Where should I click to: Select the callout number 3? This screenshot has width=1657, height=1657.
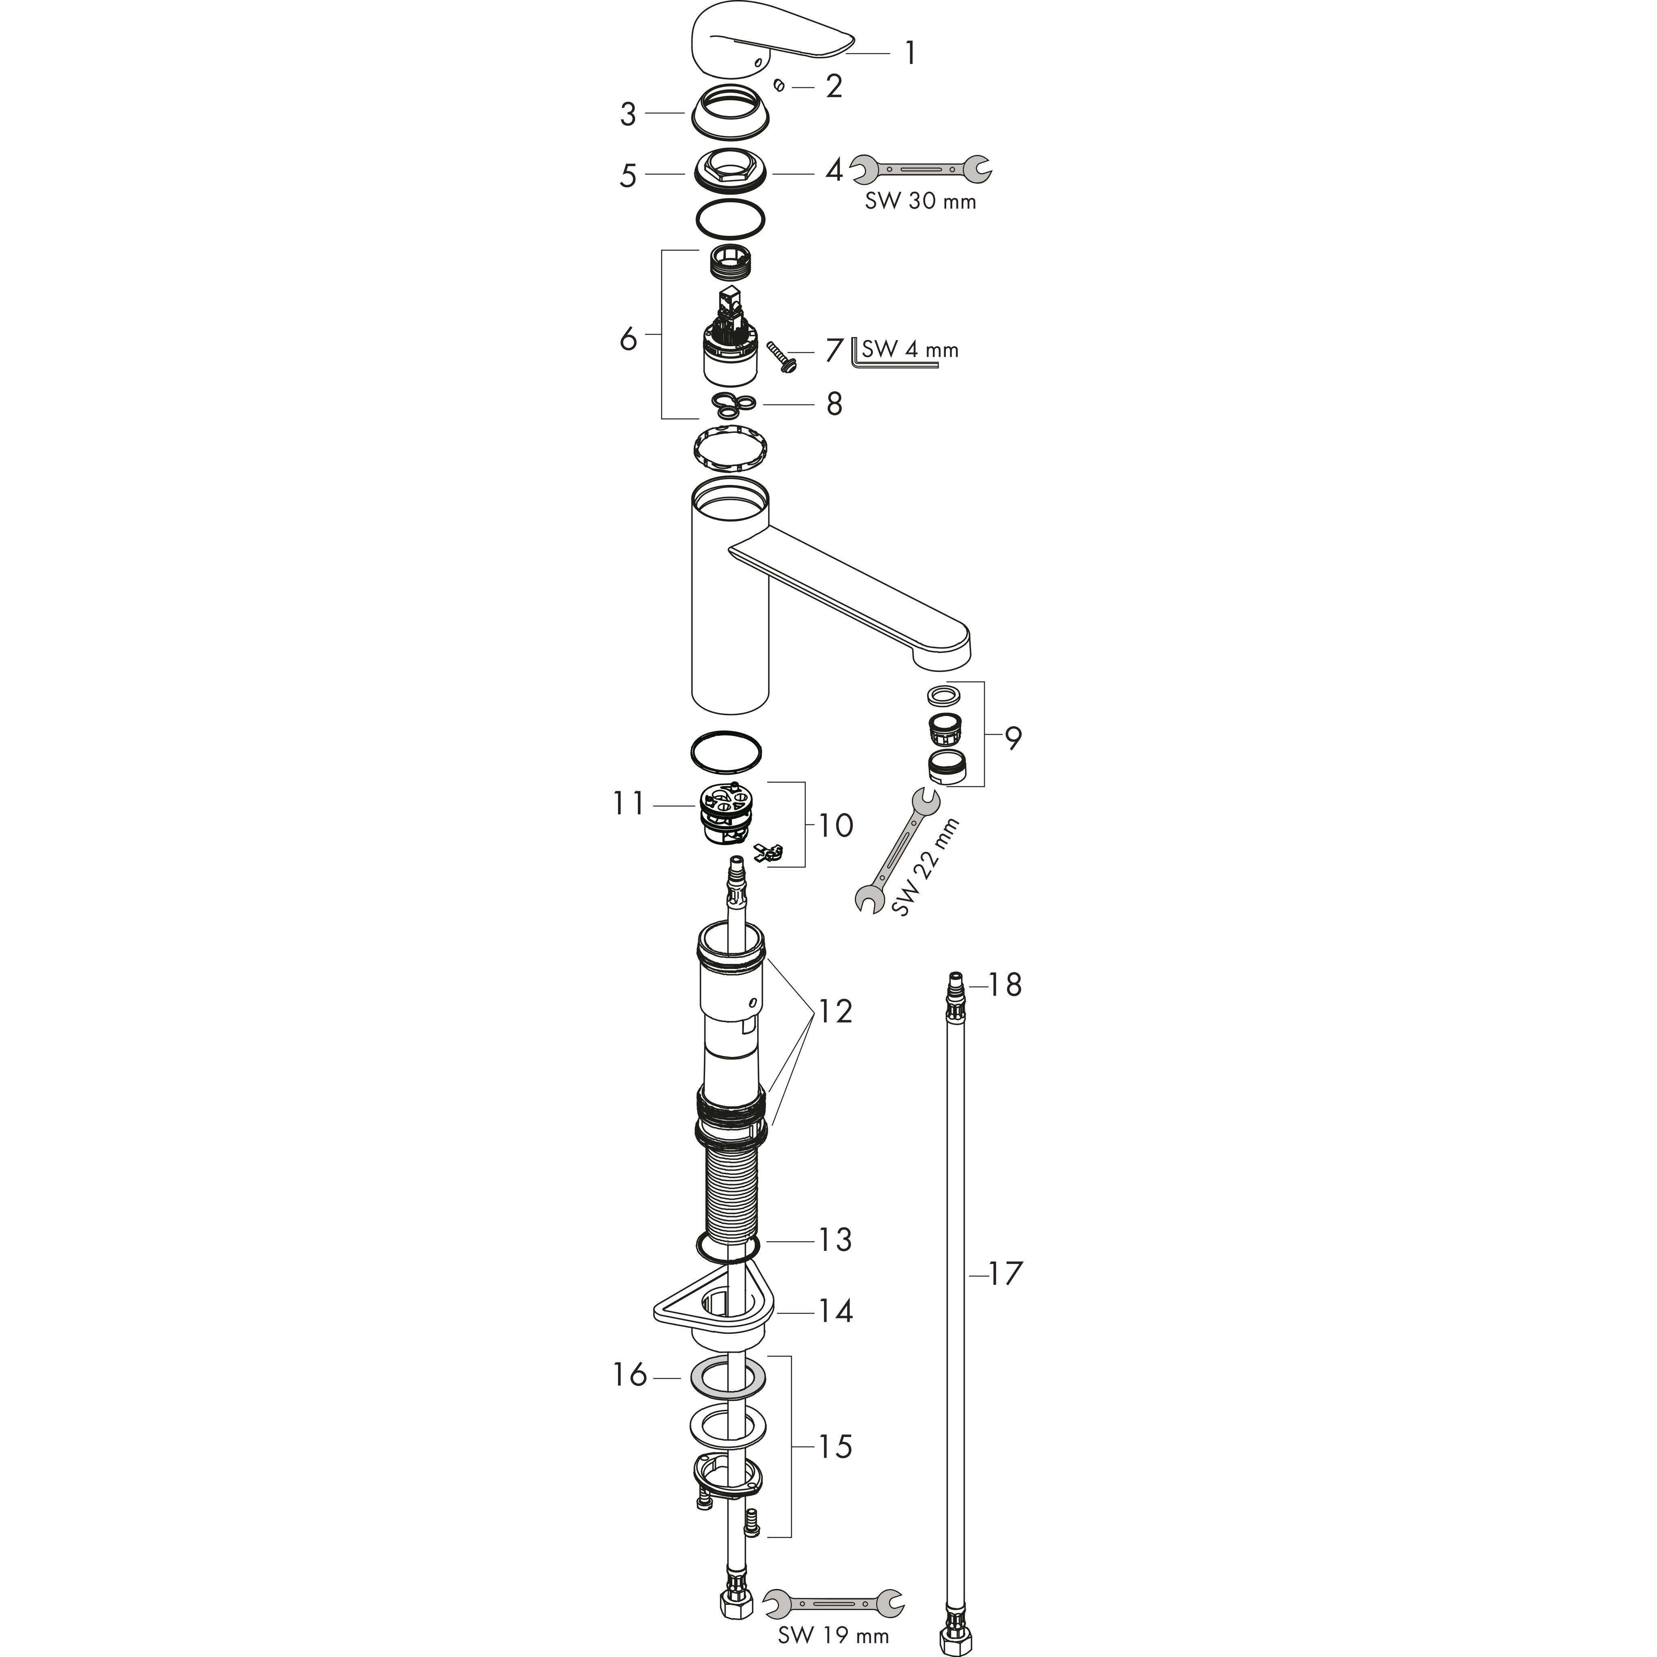pos(629,114)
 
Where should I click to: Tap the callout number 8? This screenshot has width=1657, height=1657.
pos(834,404)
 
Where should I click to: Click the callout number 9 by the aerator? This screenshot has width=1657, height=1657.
pos(1014,737)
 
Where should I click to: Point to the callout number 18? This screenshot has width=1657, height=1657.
pos(1005,985)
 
